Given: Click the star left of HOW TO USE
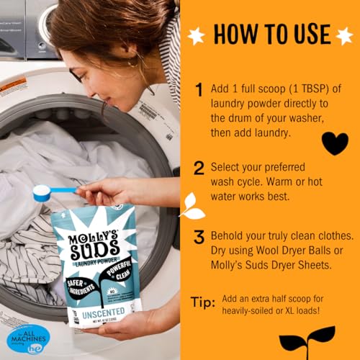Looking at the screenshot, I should (x=194, y=35).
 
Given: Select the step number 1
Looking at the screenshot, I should (x=199, y=91).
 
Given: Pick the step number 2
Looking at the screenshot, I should (x=199, y=168).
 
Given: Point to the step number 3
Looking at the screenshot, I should (x=199, y=238).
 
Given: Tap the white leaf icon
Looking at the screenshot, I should (x=192, y=206).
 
